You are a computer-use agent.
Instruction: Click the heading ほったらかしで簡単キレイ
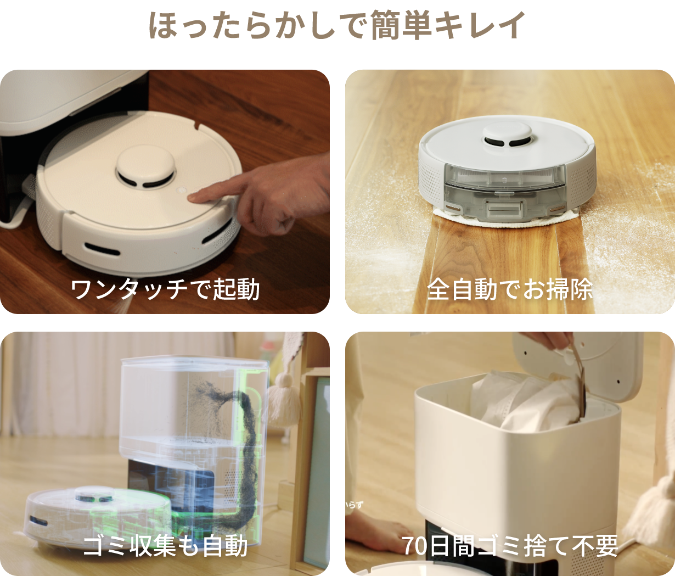337,25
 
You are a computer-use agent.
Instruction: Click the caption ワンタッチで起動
165,289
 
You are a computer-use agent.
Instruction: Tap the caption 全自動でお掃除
510,289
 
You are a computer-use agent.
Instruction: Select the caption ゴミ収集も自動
165,546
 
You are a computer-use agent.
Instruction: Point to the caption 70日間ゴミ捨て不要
510,546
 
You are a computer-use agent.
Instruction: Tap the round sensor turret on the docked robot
145,167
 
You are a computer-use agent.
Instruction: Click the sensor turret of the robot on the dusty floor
507,135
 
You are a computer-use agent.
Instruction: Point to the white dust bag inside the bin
521,404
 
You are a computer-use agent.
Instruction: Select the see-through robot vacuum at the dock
99,516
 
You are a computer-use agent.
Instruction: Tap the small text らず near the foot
355,505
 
